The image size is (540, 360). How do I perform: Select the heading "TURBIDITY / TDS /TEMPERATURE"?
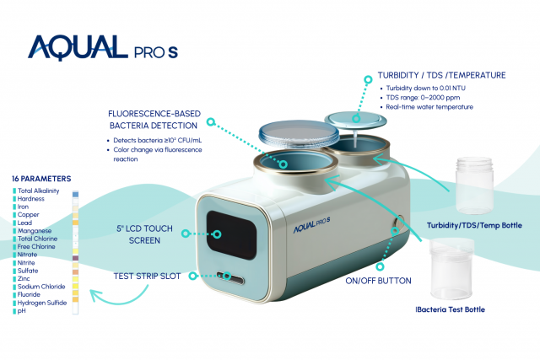[x=443, y=75]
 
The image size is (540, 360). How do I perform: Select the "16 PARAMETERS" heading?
[x=41, y=180]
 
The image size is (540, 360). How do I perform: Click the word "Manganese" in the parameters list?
[x=35, y=230]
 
